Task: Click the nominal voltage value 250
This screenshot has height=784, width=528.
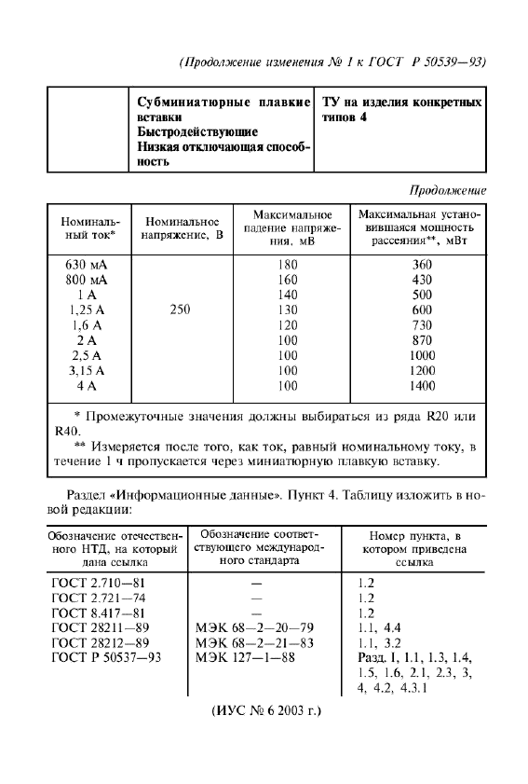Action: point(181,309)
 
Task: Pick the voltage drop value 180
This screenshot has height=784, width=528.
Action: point(288,265)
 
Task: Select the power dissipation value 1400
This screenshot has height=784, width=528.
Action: point(422,385)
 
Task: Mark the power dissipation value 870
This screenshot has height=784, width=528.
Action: point(422,340)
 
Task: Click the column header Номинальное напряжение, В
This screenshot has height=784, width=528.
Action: point(181,229)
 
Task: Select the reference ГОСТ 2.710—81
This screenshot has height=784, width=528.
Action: point(99,581)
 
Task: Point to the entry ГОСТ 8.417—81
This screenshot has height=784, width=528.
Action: point(99,612)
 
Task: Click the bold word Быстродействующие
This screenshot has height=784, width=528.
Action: point(192,132)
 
